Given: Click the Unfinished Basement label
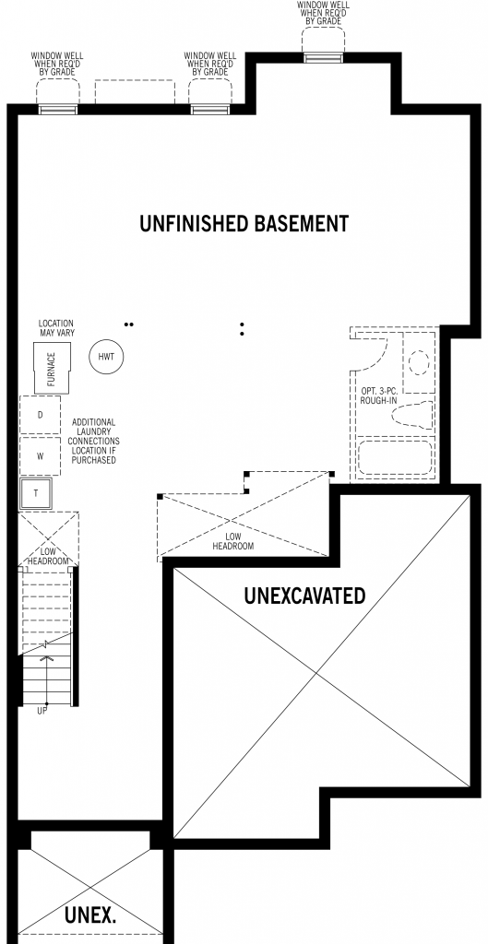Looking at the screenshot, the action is click(x=244, y=223).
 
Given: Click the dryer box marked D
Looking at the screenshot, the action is click(x=41, y=415).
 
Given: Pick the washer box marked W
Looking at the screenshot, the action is click(x=41, y=455).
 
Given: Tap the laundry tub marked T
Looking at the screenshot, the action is click(x=36, y=494).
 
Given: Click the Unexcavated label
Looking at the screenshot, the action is click(x=304, y=596).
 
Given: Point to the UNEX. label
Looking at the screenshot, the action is click(x=89, y=915).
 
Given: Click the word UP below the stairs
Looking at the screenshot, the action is click(x=42, y=711).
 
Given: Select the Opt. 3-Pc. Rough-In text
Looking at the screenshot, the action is click(x=379, y=395).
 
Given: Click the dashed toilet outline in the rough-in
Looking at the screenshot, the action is click(x=412, y=415).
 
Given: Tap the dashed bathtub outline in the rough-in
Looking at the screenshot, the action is click(x=395, y=458).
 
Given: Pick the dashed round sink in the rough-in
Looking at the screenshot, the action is click(x=419, y=363).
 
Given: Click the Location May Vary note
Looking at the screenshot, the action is click(x=56, y=327).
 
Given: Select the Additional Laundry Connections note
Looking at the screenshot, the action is click(x=93, y=442).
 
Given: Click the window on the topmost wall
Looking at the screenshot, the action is click(x=324, y=58).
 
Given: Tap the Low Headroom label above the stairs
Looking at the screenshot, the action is click(x=47, y=556).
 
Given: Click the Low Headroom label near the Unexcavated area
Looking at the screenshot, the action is click(x=232, y=541).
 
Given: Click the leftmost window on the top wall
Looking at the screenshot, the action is click(x=58, y=109).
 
